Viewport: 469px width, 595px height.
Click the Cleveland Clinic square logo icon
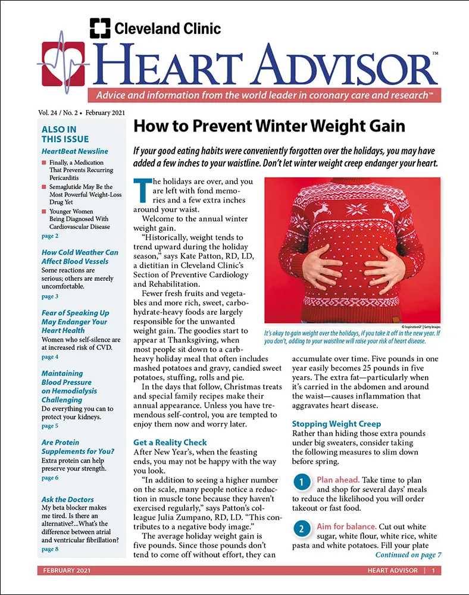click(100, 28)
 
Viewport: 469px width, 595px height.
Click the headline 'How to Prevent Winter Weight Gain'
click(268, 126)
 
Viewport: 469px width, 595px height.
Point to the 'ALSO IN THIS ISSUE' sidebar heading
click(60, 134)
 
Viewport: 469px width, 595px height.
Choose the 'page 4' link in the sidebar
click(50, 357)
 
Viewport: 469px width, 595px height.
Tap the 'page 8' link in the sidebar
click(50, 549)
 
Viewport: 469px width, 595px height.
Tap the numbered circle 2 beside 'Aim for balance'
click(302, 528)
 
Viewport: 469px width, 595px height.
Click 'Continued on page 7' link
click(408, 555)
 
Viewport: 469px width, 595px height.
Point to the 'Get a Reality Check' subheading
click(170, 442)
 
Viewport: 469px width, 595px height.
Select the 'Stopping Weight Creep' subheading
click(336, 424)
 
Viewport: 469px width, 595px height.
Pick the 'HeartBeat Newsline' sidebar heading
click(75, 151)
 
